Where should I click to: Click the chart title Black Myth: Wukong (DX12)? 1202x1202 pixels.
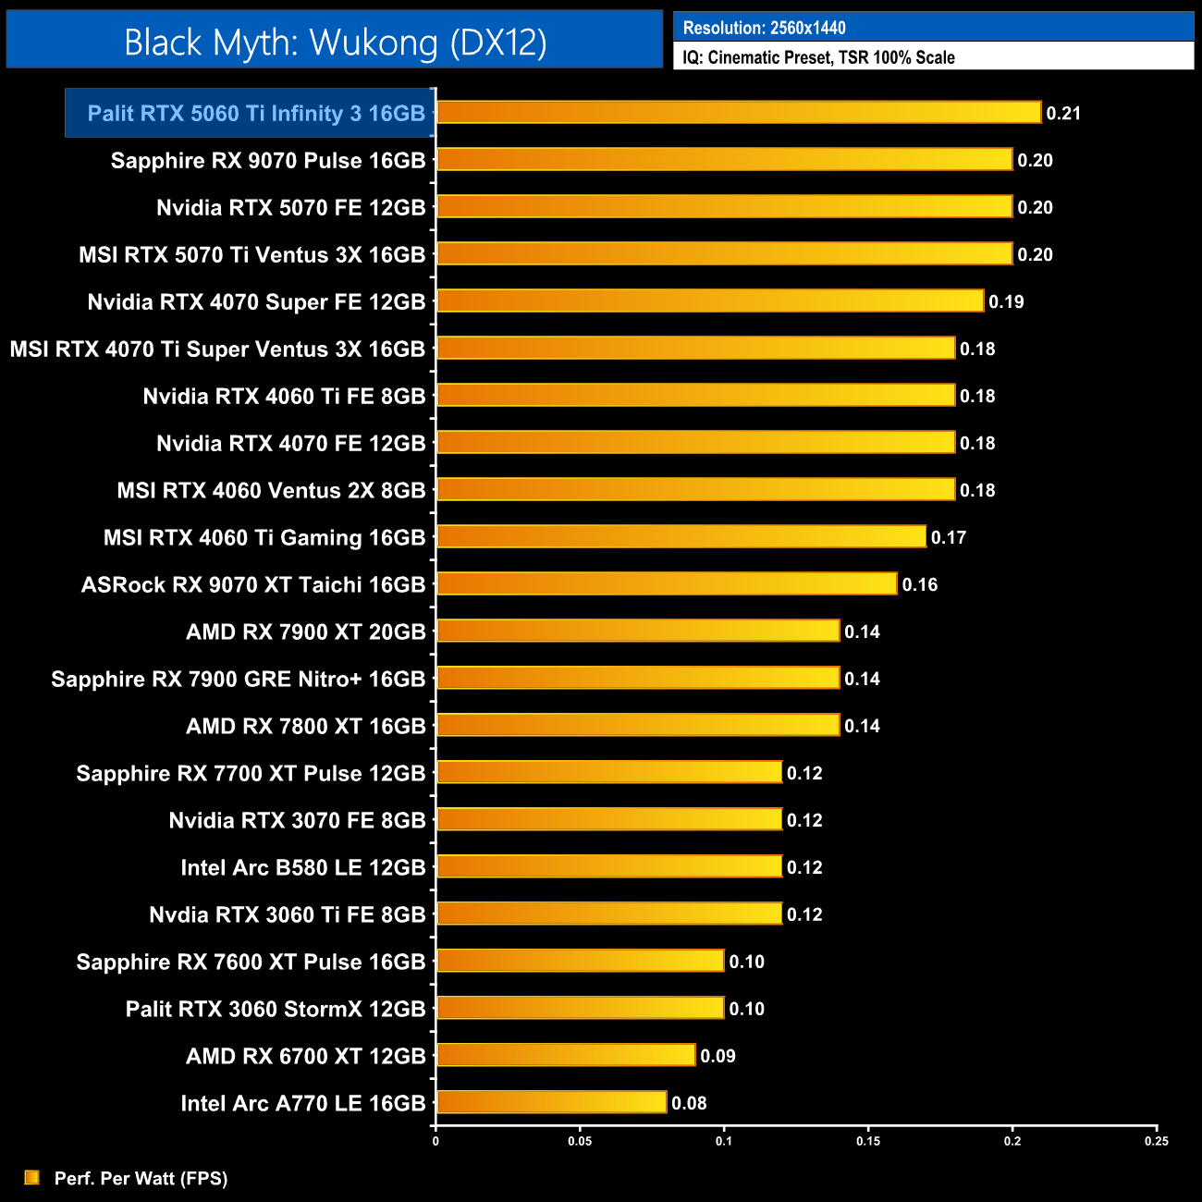(335, 43)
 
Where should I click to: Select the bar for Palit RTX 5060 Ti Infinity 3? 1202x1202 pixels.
(738, 113)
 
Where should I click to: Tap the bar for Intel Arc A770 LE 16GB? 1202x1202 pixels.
(551, 1102)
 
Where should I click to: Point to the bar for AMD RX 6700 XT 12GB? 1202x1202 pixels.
(565, 1055)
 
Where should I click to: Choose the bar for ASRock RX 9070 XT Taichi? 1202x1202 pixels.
(666, 583)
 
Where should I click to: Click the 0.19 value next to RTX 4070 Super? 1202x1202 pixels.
(1006, 301)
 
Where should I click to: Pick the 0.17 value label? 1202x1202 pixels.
(948, 537)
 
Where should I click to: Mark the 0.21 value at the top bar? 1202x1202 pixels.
(1063, 113)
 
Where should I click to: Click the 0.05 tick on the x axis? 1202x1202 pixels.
(580, 1141)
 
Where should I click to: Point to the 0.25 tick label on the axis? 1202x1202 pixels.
(1156, 1141)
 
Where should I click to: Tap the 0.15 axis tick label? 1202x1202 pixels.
(868, 1141)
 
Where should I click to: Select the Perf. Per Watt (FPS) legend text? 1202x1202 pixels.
(141, 1178)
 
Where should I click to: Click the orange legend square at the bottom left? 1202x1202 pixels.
(32, 1177)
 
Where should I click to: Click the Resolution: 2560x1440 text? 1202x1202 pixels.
(764, 28)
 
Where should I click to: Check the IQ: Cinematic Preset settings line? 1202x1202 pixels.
(818, 57)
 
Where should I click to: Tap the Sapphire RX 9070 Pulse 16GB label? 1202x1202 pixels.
(268, 161)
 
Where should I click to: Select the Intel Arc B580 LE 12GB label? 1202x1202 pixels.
(303, 867)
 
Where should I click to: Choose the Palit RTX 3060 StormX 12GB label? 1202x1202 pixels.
(276, 1009)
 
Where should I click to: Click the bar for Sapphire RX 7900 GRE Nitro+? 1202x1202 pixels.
(637, 678)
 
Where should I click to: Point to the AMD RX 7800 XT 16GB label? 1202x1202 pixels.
(305, 726)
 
